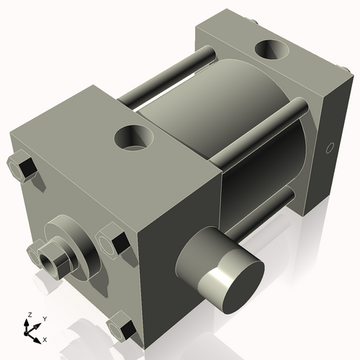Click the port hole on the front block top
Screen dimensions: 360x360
pos(135,138)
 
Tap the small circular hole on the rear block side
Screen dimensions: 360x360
pos(330,148)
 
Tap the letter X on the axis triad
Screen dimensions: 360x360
pos(45,338)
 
